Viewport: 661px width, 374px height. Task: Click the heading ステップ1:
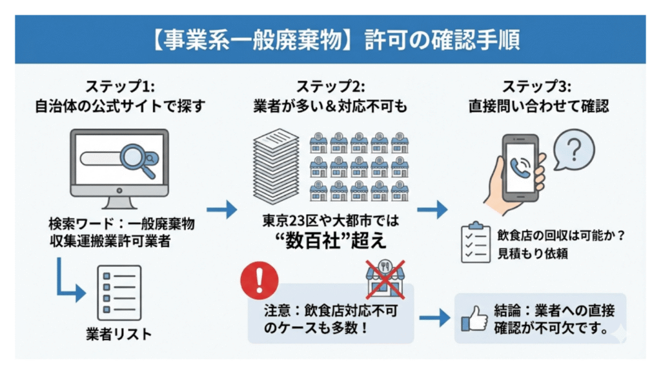[119, 86]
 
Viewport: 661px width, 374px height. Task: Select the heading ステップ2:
[330, 86]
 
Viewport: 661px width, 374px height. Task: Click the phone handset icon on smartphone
[520, 168]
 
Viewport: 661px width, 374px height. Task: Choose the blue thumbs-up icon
[476, 318]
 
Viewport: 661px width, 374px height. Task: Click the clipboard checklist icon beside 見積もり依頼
[474, 241]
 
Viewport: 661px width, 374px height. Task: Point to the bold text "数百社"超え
[330, 241]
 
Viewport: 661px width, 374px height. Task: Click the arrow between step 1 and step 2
[221, 209]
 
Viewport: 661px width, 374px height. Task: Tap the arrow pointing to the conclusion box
[434, 318]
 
